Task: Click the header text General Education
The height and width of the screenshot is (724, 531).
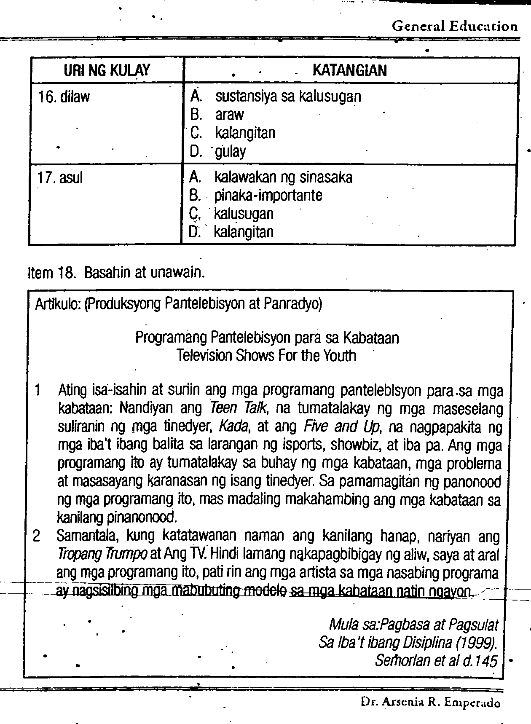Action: (x=454, y=26)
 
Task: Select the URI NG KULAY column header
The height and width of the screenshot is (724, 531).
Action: (x=107, y=70)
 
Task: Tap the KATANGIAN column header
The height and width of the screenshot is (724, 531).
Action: (x=349, y=70)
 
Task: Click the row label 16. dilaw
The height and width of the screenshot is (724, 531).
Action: (x=64, y=97)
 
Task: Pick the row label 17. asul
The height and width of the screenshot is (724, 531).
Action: (x=60, y=178)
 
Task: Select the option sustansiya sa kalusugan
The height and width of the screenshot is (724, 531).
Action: (x=288, y=97)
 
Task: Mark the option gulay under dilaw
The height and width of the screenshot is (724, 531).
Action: (x=230, y=151)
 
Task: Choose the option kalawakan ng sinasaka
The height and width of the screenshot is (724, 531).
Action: (x=283, y=177)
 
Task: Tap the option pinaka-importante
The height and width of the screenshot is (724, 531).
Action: (x=268, y=196)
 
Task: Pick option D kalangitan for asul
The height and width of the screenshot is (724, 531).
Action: (x=244, y=232)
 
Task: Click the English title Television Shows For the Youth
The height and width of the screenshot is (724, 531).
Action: (x=266, y=356)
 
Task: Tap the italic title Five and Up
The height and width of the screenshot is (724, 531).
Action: (x=342, y=427)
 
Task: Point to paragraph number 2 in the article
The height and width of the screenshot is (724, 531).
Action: (x=37, y=536)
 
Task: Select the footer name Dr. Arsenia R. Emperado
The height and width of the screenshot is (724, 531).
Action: (x=430, y=703)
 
